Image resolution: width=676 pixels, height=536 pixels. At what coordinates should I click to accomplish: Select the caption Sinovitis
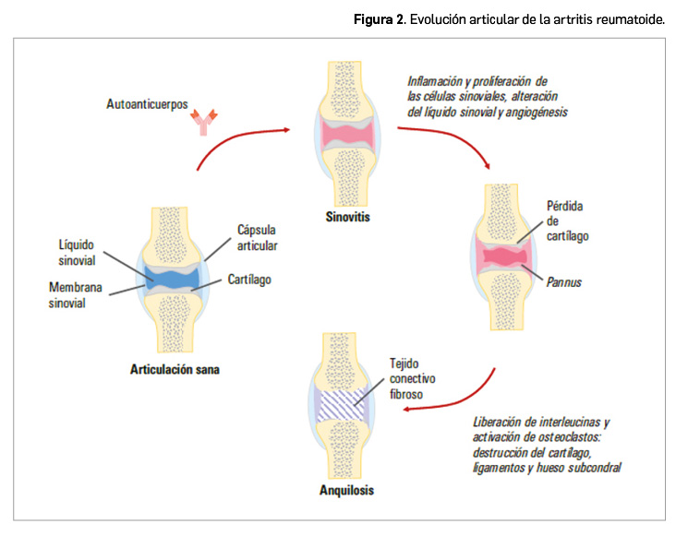coord(347,218)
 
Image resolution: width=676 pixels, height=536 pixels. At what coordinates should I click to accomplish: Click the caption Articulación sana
coord(175,370)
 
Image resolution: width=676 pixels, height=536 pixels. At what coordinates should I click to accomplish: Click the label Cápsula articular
coord(257,237)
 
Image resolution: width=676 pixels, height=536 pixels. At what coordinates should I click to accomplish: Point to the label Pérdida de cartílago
coord(564,220)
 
